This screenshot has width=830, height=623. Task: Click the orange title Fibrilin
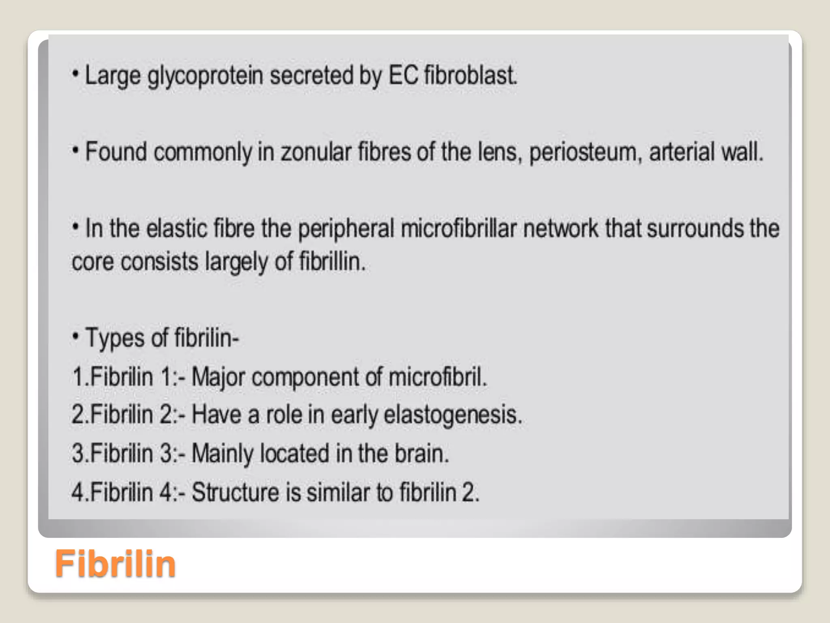115,563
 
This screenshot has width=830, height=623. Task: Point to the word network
560,228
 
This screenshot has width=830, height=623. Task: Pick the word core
93,262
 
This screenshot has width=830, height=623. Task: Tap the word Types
114,338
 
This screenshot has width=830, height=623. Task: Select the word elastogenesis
453,415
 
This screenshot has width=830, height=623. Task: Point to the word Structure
235,492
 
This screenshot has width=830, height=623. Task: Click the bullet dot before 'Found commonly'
75,150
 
